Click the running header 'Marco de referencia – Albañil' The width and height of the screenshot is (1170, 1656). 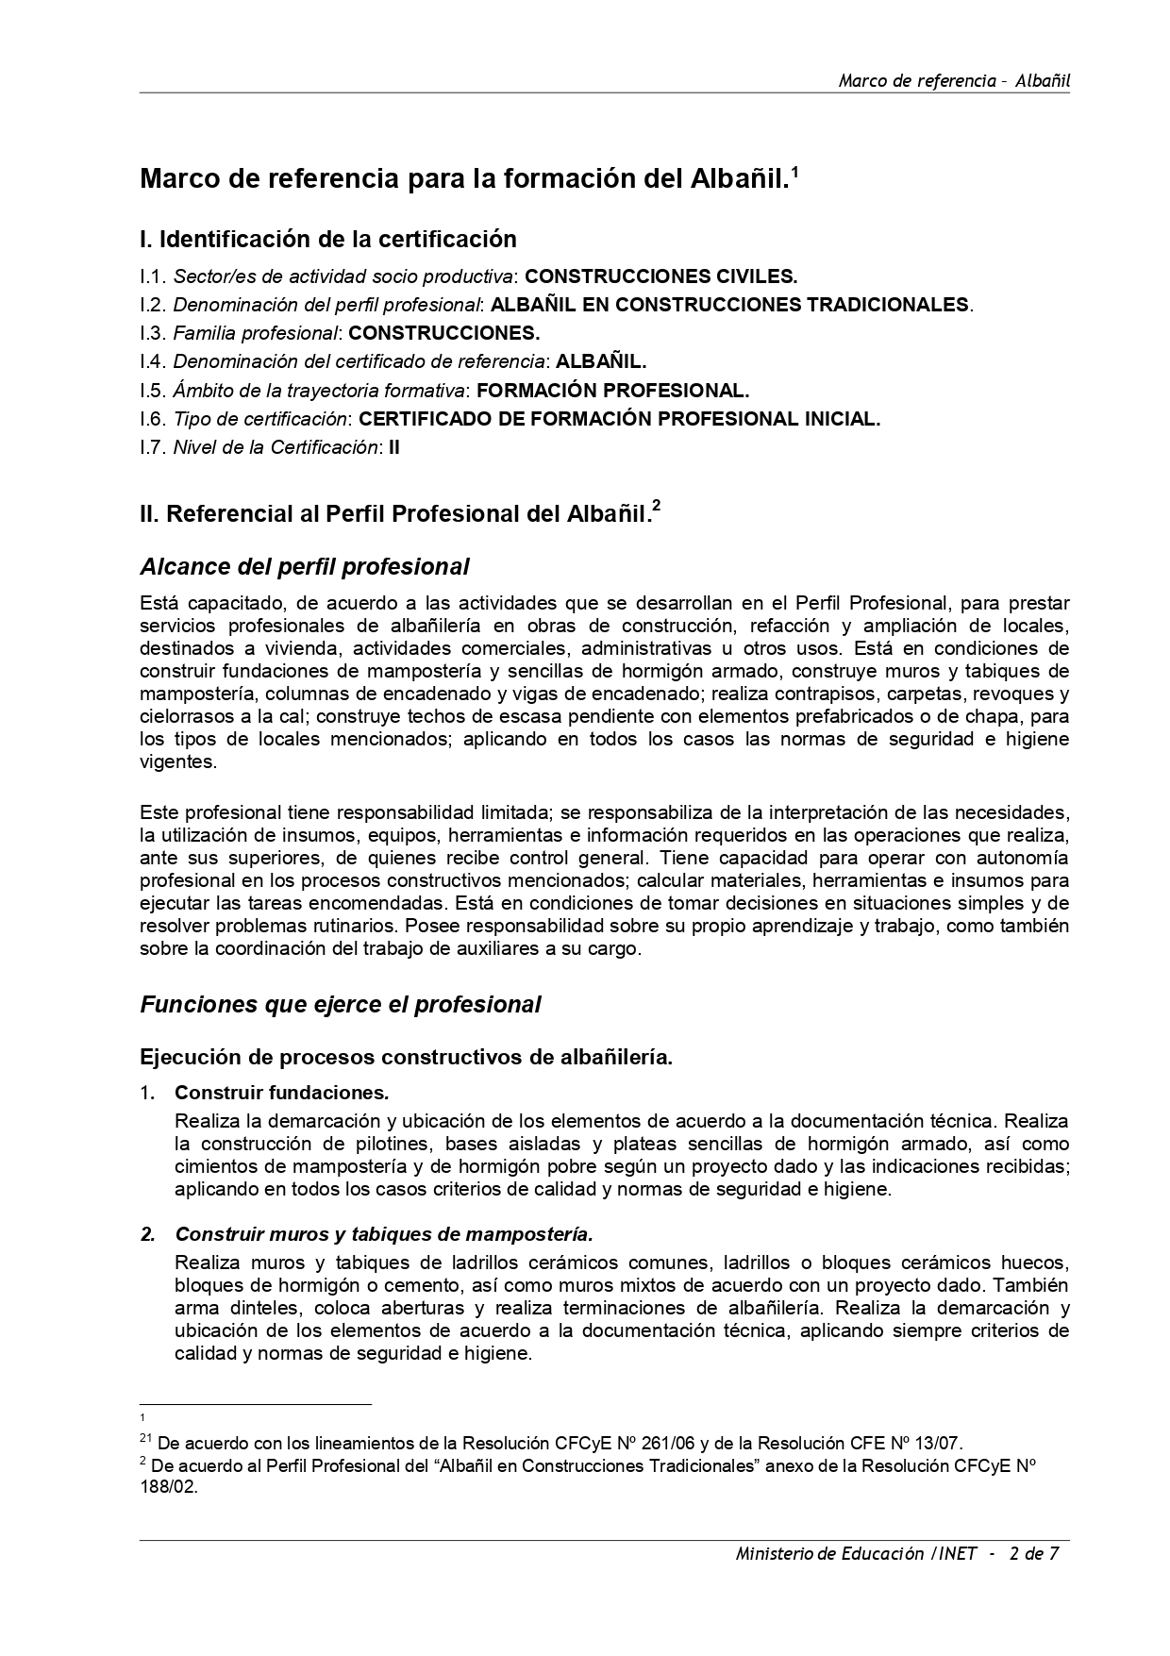coord(953,80)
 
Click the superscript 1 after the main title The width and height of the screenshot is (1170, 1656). coord(794,171)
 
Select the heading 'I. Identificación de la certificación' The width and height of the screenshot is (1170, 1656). coord(327,239)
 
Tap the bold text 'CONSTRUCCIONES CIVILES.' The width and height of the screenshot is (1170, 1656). coord(660,276)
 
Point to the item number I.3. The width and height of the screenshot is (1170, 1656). coord(153,333)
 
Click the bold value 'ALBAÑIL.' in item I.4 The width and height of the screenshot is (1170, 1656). coord(601,361)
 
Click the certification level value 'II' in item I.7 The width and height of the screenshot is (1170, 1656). coord(394,447)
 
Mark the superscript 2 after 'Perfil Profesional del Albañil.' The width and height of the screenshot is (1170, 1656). coord(656,506)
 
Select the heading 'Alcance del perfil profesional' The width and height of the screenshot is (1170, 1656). coord(304,567)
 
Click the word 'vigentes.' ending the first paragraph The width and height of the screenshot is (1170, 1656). coord(178,761)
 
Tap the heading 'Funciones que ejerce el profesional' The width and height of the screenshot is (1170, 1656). coord(340,1005)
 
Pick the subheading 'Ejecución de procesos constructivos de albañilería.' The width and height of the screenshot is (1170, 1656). coord(406,1058)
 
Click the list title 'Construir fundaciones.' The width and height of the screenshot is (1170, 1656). coord(281,1093)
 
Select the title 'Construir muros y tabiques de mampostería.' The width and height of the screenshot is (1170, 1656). coord(383,1234)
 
